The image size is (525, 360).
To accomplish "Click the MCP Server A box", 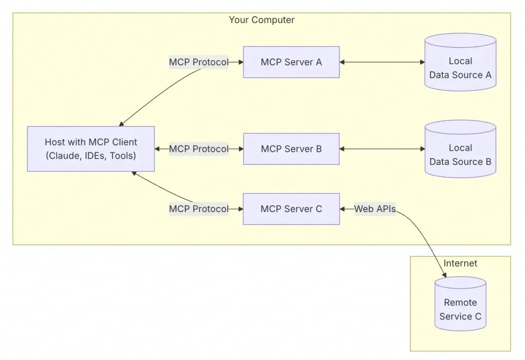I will tap(291, 62).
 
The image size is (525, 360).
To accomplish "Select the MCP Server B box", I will tap(291, 148).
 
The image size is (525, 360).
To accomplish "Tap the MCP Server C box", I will tap(291, 209).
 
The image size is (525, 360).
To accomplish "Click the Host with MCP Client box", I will tap(91, 149).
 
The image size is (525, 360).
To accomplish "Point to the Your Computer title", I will tap(262, 20).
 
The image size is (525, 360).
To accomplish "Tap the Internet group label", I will tap(460, 263).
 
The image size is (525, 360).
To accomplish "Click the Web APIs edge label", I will tap(374, 209).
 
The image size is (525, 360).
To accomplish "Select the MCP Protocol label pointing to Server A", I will tap(198, 62).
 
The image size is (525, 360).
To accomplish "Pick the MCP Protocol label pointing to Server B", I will tap(198, 149).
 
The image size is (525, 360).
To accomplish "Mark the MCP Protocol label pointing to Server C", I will tap(198, 209).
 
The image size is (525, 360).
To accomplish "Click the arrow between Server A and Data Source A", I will tap(382, 62).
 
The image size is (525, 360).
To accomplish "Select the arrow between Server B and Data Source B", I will tap(382, 149).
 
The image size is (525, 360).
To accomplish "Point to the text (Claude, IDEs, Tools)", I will tap(91, 156).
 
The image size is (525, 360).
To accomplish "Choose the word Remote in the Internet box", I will tap(460, 302).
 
